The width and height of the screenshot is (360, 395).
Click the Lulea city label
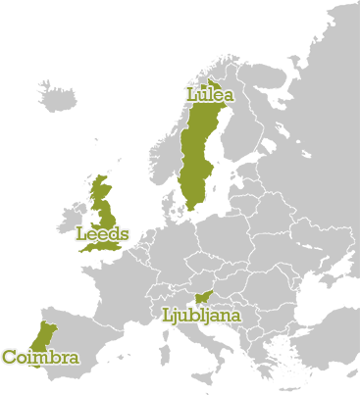[x=209, y=95]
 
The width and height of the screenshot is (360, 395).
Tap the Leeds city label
[x=102, y=234]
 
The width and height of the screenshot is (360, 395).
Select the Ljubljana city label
[x=200, y=316]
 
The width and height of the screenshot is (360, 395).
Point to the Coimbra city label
[x=40, y=358]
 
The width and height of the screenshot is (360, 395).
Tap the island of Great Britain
[x=106, y=212]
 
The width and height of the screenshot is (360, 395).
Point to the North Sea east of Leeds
[x=137, y=211]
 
